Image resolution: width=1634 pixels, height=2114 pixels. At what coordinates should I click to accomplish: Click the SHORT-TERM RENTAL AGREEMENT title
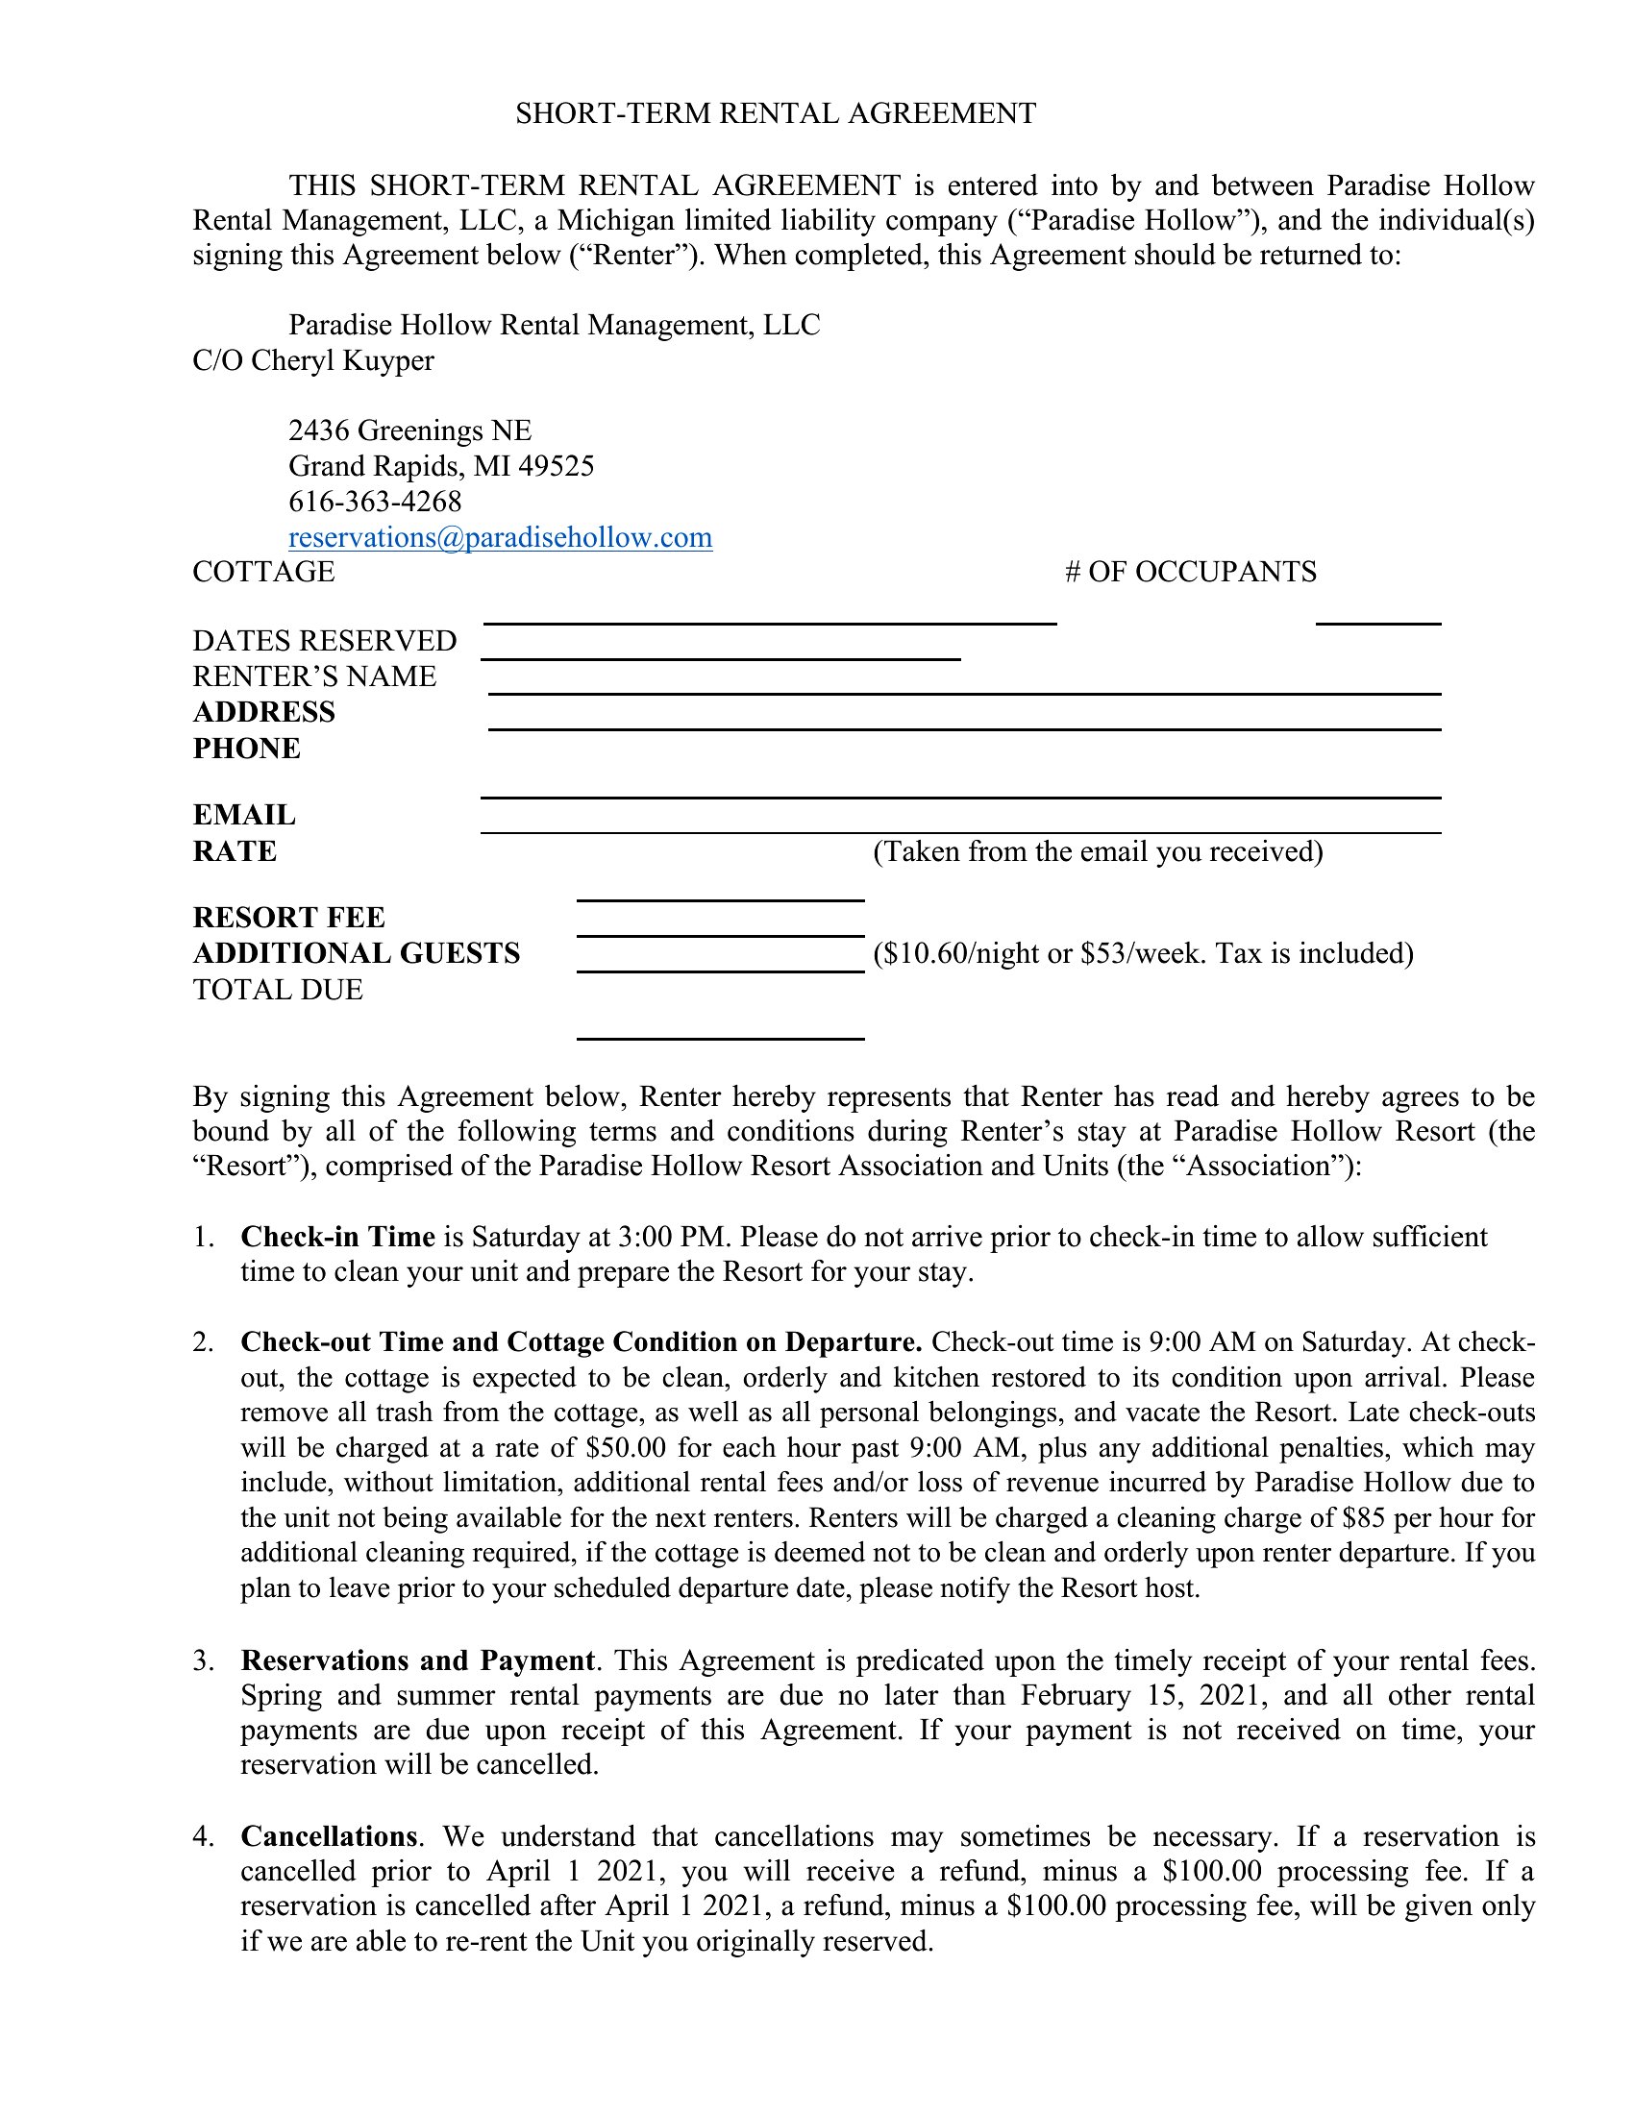pyautogui.click(x=776, y=114)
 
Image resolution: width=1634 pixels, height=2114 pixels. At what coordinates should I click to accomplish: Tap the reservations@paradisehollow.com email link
pyautogui.click(x=501, y=537)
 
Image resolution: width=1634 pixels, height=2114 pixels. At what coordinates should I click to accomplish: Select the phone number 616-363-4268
pyautogui.click(x=376, y=502)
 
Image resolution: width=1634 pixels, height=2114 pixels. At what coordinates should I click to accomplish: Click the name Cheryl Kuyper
pyautogui.click(x=343, y=360)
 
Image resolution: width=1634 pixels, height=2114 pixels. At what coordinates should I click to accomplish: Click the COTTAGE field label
pyautogui.click(x=264, y=572)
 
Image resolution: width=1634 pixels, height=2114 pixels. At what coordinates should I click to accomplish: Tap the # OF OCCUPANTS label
pyautogui.click(x=1191, y=572)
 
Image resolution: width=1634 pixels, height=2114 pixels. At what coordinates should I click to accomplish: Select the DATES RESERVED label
pyautogui.click(x=324, y=642)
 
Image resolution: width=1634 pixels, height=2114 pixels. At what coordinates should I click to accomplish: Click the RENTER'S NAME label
pyautogui.click(x=314, y=676)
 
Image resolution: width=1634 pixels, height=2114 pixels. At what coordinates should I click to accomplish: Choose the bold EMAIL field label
pyautogui.click(x=245, y=815)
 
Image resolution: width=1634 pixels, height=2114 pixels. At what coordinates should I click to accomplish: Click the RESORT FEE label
pyautogui.click(x=288, y=918)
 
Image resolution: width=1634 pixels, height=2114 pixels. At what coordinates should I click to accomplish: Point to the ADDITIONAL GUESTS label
pyautogui.click(x=357, y=953)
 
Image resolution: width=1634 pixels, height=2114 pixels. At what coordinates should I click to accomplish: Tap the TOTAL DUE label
pyautogui.click(x=278, y=990)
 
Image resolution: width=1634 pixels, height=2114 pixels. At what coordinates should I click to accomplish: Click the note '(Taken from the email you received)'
pyautogui.click(x=1098, y=851)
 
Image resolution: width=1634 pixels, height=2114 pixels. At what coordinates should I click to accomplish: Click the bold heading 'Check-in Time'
pyautogui.click(x=337, y=1237)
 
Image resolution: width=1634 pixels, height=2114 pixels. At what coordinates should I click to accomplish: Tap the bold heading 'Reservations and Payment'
pyautogui.click(x=417, y=1661)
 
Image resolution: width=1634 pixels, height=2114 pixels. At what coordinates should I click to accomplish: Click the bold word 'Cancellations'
pyautogui.click(x=329, y=1837)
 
